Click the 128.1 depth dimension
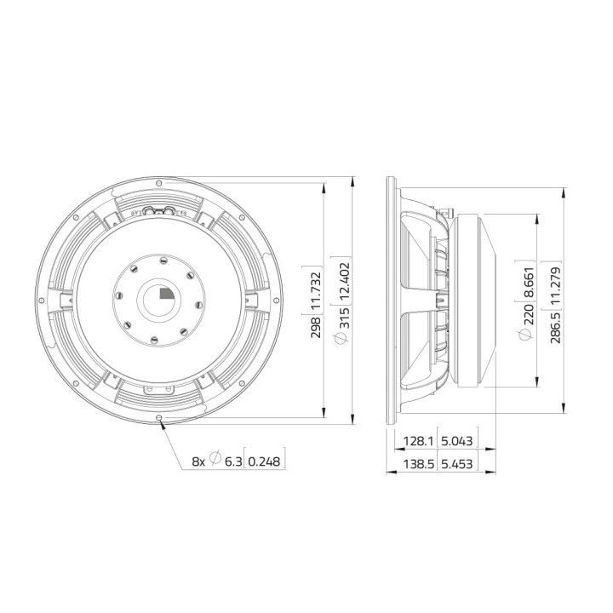415,442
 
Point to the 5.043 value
455,442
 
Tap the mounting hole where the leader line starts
160,417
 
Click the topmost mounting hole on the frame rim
160,181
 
